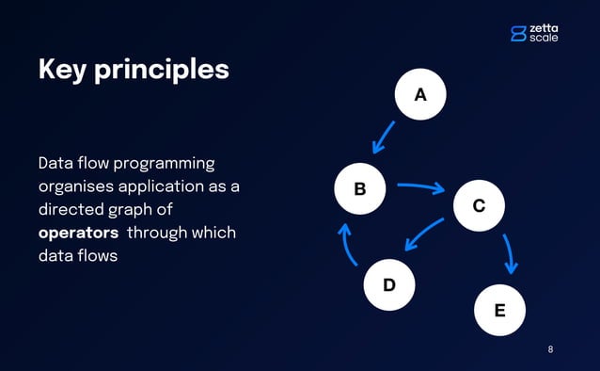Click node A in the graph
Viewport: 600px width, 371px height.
click(x=420, y=94)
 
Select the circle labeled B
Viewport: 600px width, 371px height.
click(x=360, y=189)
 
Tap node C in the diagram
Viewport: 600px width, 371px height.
click(x=479, y=205)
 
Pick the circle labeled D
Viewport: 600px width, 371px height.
click(x=388, y=283)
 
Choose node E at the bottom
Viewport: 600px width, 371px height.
click(x=499, y=310)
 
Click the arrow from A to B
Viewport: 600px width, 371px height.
click(x=385, y=136)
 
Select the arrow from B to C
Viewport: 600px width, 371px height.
click(x=420, y=187)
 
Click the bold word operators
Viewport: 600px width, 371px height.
click(x=78, y=233)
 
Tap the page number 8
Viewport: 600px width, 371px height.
click(x=550, y=349)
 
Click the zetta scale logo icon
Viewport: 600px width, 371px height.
click(x=518, y=33)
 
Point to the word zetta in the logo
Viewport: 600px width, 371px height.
click(x=544, y=27)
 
